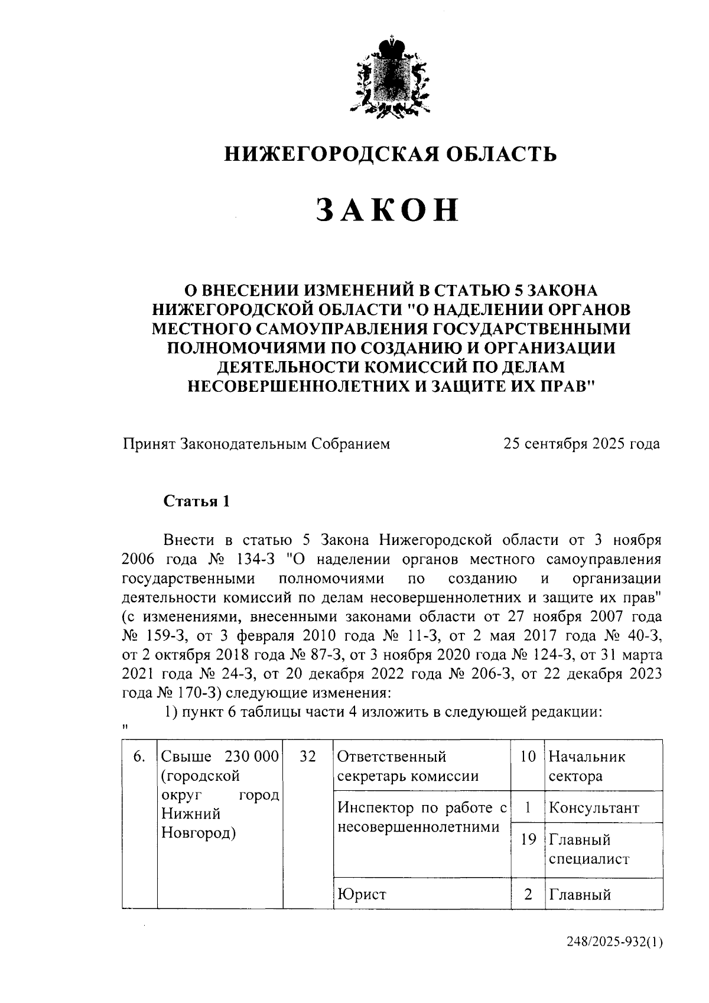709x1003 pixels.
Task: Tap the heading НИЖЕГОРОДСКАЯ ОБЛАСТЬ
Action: click(x=391, y=155)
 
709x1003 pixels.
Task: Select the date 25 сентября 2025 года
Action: click(x=581, y=444)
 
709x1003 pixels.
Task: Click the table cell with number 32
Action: click(x=307, y=757)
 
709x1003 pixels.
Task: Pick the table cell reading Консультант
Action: click(x=594, y=807)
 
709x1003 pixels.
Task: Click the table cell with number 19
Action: click(x=528, y=839)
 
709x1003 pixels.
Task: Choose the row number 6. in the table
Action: click(x=139, y=757)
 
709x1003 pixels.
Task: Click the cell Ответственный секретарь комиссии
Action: click(x=408, y=766)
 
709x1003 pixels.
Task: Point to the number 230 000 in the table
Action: click(x=251, y=757)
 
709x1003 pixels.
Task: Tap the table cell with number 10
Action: click(x=528, y=757)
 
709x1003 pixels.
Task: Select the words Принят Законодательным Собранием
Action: click(x=256, y=444)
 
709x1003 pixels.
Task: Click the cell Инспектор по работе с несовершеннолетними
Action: click(x=422, y=817)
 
